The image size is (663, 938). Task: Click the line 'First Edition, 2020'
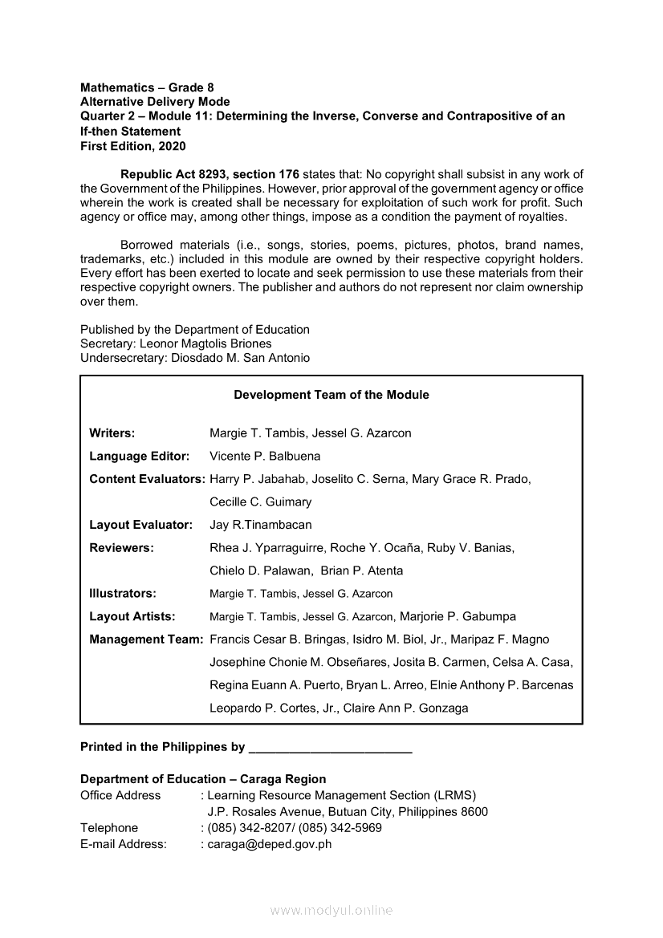point(132,146)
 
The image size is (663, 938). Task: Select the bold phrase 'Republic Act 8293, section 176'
point(209,174)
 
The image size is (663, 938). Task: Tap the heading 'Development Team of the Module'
point(331,395)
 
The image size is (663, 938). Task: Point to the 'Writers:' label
point(112,433)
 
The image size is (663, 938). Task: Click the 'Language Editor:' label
point(139,457)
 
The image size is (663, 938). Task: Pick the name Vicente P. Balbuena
point(264,457)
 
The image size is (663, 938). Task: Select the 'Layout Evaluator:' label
point(140,525)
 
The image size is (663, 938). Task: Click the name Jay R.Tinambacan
point(260,525)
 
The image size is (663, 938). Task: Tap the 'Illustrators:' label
point(122,594)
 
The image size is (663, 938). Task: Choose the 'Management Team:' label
point(146,640)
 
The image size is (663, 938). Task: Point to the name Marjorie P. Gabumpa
point(457,617)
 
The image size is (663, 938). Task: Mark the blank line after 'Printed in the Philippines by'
point(331,748)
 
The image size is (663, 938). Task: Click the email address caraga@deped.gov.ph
point(269,844)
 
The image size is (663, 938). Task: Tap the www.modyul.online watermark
point(331,911)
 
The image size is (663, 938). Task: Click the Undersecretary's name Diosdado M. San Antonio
point(240,358)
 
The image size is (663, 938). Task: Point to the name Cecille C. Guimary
point(260,502)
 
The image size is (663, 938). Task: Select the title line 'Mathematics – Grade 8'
point(147,87)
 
